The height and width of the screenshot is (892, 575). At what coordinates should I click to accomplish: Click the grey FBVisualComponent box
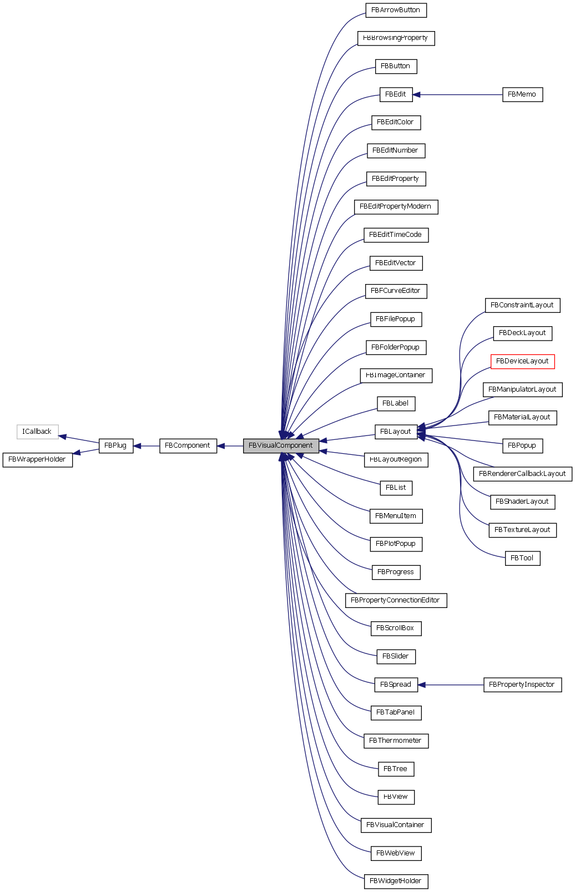(281, 445)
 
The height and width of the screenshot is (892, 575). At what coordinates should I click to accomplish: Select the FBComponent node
(188, 445)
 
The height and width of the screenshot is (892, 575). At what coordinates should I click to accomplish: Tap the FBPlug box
(115, 445)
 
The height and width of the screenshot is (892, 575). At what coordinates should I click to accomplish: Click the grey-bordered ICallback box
(37, 432)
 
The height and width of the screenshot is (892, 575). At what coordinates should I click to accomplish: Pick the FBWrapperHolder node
(37, 460)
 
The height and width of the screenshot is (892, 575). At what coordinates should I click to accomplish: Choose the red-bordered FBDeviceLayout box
(522, 361)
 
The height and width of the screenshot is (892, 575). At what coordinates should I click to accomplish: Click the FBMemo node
(522, 94)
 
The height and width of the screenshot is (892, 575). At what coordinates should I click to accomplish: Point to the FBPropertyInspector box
(522, 685)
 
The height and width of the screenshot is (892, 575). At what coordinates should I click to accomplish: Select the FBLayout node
(396, 432)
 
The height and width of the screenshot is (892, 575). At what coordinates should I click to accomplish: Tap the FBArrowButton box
(396, 10)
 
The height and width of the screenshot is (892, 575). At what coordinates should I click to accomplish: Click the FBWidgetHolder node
(396, 881)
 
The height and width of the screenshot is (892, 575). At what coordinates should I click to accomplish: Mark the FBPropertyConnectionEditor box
(396, 600)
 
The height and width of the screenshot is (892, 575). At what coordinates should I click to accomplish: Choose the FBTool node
(522, 558)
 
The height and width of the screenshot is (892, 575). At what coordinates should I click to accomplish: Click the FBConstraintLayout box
(522, 305)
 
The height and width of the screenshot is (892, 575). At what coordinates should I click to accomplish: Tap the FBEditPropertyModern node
(396, 206)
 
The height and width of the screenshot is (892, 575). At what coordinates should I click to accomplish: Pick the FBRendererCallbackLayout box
(522, 474)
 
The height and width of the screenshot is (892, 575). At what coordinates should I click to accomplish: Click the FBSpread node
(396, 685)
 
